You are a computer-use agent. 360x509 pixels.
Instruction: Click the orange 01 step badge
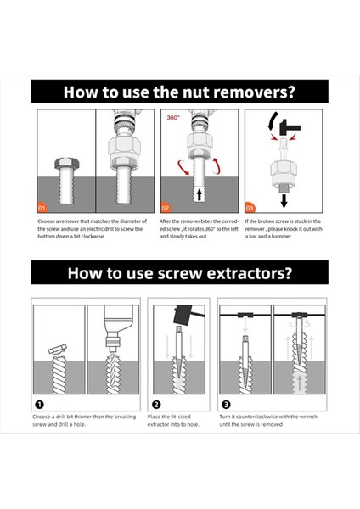42,208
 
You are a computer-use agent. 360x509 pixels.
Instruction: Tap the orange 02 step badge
166,208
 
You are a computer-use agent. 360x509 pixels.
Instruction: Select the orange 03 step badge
250,208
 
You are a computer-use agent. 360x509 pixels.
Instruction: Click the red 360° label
173,118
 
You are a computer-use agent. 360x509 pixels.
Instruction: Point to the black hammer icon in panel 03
290,126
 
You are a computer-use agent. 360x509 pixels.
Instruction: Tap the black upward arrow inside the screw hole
200,194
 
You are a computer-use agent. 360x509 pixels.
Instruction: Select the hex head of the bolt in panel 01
66,163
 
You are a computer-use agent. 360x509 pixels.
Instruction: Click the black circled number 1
39,405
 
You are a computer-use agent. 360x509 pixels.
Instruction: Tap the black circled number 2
156,405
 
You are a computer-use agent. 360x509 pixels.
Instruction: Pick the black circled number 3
226,405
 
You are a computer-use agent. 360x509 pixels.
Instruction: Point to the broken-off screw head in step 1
58,349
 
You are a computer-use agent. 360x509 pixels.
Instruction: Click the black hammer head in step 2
182,315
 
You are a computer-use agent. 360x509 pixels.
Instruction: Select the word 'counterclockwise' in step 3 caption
259,417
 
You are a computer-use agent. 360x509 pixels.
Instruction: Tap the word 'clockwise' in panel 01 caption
93,237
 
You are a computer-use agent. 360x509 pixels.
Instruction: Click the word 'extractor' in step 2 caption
158,425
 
